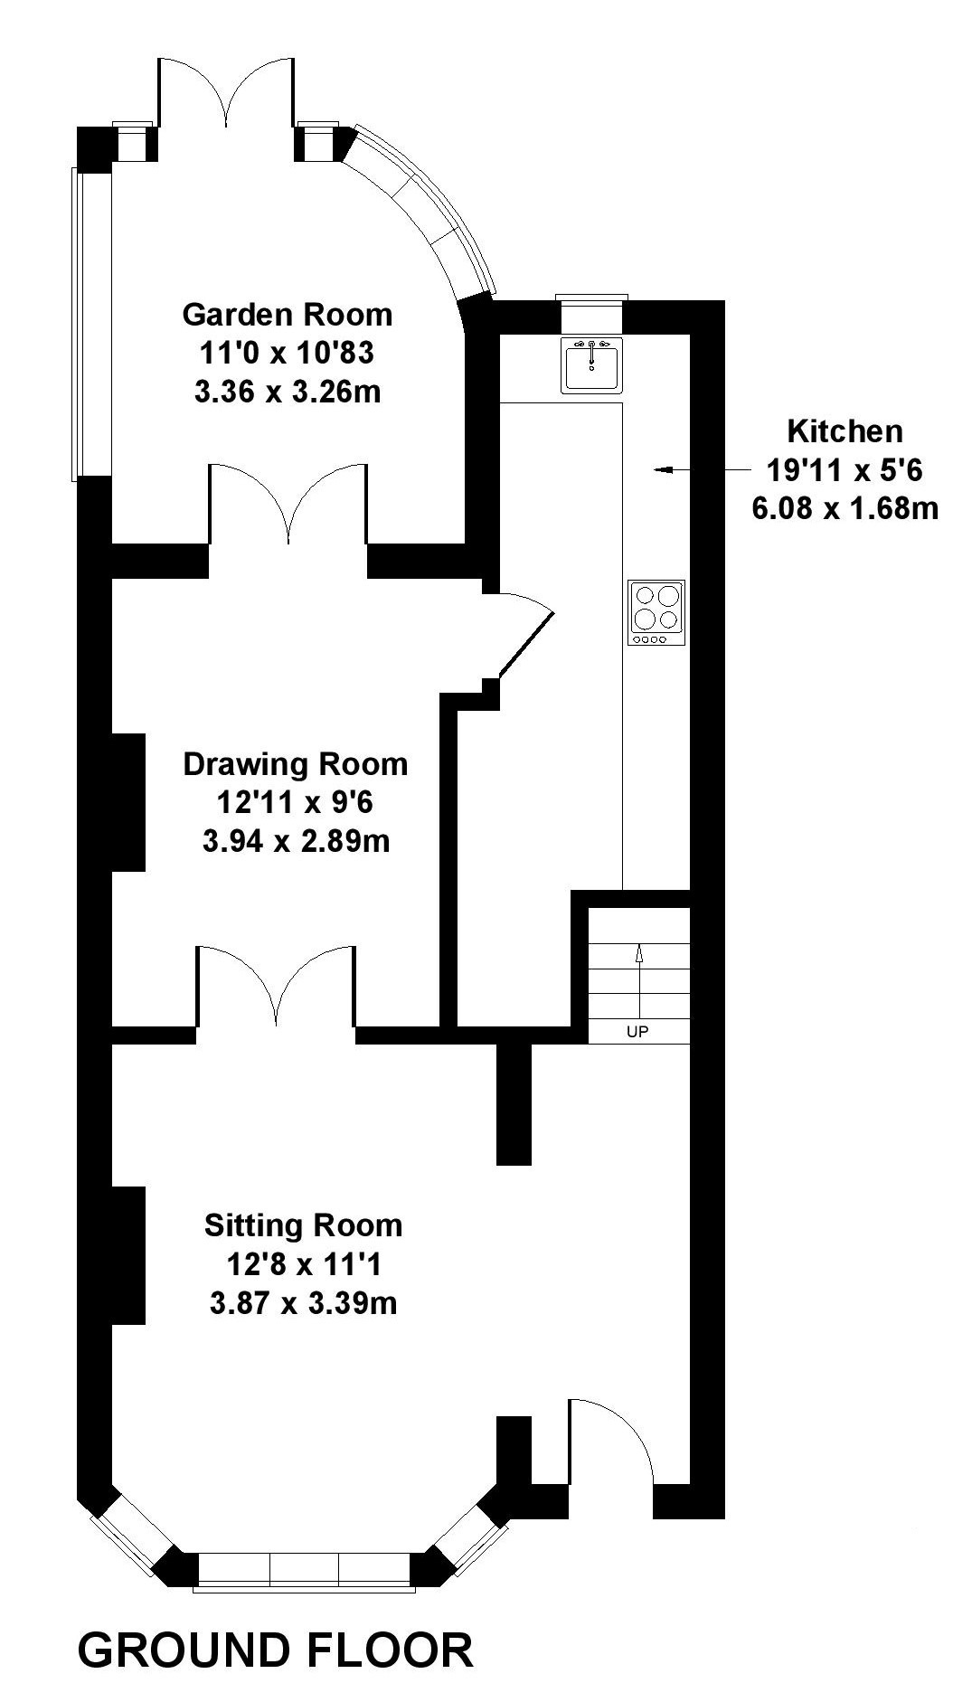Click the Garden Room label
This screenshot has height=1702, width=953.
point(288,315)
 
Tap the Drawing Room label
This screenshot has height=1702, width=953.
point(296,764)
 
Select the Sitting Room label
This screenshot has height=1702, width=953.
point(303,1225)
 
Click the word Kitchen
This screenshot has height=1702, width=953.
point(845,431)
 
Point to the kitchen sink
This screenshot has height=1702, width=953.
point(592,364)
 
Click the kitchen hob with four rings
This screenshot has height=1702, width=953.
point(656,613)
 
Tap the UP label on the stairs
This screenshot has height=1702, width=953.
point(637,1031)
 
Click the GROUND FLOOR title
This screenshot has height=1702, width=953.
point(276,1650)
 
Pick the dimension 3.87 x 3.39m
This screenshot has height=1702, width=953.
point(303,1303)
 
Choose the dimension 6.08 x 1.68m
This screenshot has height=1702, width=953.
point(845,508)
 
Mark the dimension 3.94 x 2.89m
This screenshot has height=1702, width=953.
point(296,841)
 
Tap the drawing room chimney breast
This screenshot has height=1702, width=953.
point(128,802)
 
